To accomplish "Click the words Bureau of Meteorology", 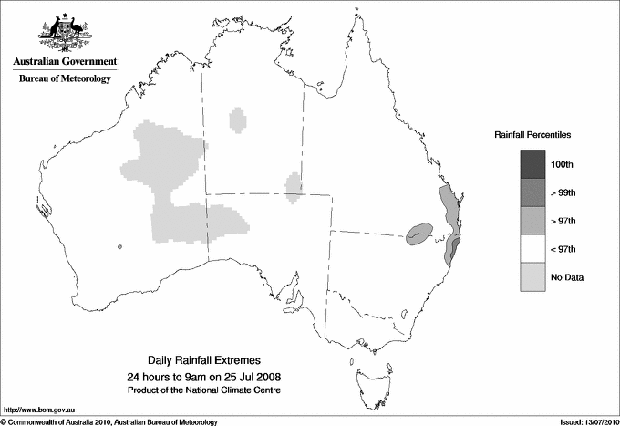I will click(65, 79).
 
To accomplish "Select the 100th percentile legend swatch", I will click(532, 164).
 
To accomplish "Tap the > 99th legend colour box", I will click(532, 192).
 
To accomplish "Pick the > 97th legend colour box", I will click(532, 221).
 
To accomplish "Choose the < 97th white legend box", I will click(532, 249).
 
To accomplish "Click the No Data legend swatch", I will click(532, 277).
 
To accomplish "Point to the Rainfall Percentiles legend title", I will click(532, 135).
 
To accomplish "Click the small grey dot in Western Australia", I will click(119, 246).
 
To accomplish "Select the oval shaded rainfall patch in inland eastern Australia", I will click(419, 234).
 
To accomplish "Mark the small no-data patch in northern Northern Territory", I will click(239, 119).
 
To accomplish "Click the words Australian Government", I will click(65, 62).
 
